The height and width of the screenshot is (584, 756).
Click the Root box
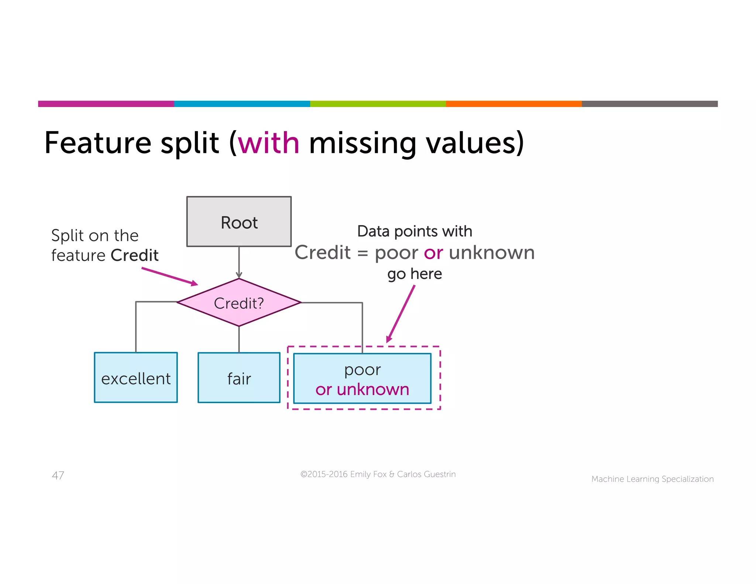tap(239, 221)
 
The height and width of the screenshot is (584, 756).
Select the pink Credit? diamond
tap(239, 303)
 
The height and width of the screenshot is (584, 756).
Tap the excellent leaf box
tap(136, 378)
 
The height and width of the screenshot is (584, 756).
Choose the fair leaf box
tap(239, 378)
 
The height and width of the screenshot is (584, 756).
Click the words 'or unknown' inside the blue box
tap(362, 390)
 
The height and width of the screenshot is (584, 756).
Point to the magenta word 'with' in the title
tap(268, 143)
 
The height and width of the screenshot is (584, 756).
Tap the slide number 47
tap(58, 475)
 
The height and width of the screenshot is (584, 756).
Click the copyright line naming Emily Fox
tap(378, 474)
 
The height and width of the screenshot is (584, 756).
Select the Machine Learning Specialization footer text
tap(652, 479)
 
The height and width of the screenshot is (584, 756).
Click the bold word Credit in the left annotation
tap(134, 255)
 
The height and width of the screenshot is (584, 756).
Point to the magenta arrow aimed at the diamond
tap(170, 276)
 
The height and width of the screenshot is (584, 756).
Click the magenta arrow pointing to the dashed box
tap(401, 314)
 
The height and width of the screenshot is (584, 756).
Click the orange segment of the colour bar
tap(513, 104)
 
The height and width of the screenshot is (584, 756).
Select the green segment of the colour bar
tap(378, 104)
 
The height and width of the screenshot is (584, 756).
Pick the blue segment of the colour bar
tap(242, 104)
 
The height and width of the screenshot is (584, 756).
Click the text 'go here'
tap(415, 274)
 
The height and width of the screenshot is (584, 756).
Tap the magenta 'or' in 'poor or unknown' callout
tap(433, 253)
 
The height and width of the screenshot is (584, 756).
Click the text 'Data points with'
tap(415, 232)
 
